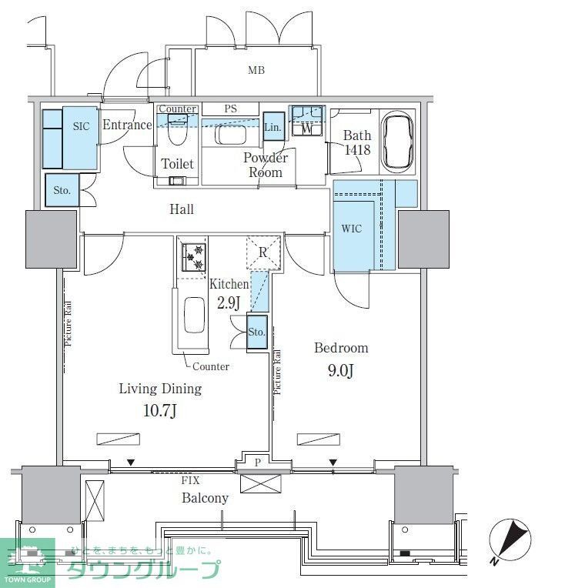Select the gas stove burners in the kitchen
[x=192, y=257]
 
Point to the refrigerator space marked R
[x=262, y=252]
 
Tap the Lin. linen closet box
[x=273, y=127]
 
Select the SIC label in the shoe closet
[x=82, y=126]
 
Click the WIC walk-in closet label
[x=351, y=229]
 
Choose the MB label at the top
[x=256, y=71]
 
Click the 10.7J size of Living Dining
[x=160, y=411]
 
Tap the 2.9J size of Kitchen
[x=229, y=302]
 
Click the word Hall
[x=182, y=209]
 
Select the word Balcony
[x=205, y=498]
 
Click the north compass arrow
[x=510, y=539]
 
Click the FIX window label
[x=190, y=480]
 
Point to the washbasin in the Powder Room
[x=229, y=134]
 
